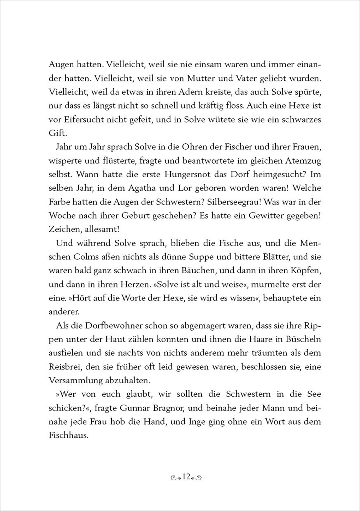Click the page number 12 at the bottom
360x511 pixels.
187,477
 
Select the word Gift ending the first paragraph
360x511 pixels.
57,133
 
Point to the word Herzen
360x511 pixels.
136,284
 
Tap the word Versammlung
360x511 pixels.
73,380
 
